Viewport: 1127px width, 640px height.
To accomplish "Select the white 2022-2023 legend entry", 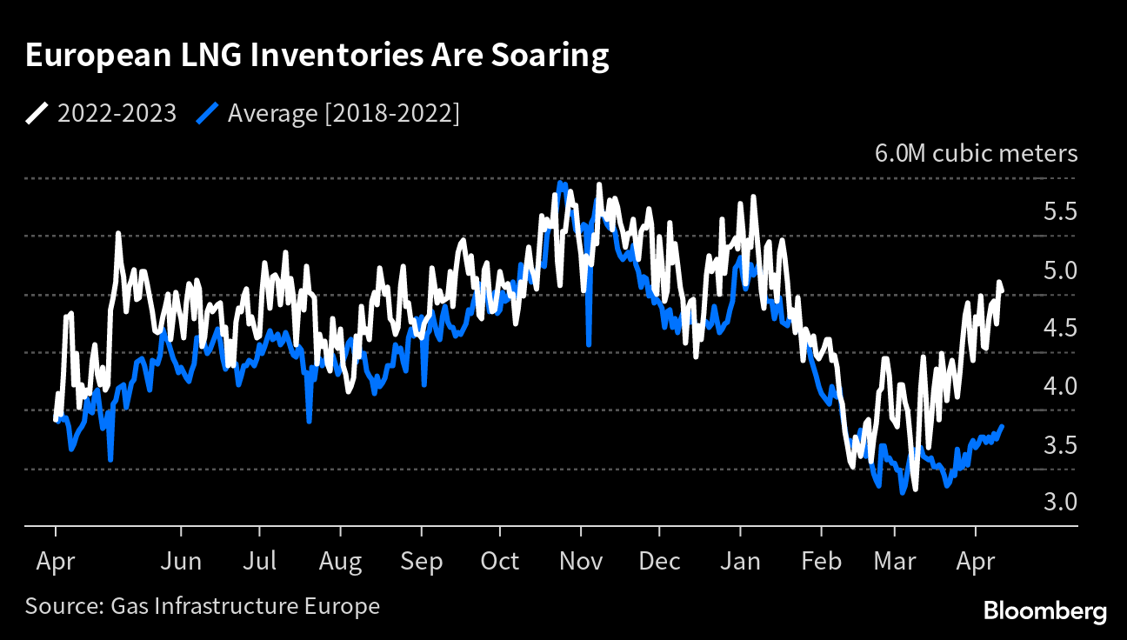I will click(x=101, y=113).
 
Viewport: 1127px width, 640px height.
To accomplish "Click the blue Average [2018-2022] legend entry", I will click(x=330, y=113).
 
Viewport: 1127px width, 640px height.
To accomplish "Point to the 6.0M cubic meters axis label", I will click(x=976, y=154).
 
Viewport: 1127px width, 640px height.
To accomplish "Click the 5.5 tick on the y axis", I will click(x=1059, y=212).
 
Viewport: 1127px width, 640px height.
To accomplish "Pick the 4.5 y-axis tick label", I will click(x=1059, y=329).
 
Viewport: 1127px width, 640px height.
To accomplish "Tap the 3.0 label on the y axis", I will click(x=1059, y=503).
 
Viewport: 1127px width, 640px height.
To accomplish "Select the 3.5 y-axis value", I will click(x=1059, y=445).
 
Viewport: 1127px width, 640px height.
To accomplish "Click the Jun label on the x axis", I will click(x=182, y=562).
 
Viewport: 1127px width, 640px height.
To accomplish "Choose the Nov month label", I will click(x=581, y=562).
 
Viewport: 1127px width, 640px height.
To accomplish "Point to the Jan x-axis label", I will click(x=741, y=562).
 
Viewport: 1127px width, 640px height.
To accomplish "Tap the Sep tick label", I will click(x=422, y=562).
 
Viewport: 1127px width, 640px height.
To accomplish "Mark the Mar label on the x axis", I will click(x=896, y=562).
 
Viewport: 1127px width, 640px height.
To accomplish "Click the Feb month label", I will click(x=821, y=562).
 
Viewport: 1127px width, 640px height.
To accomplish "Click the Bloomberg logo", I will click(x=1044, y=611).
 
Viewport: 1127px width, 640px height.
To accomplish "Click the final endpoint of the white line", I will click(x=1002, y=291).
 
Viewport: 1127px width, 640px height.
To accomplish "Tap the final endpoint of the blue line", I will click(x=1003, y=426).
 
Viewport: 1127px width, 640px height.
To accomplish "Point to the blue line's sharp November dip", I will click(x=589, y=344).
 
